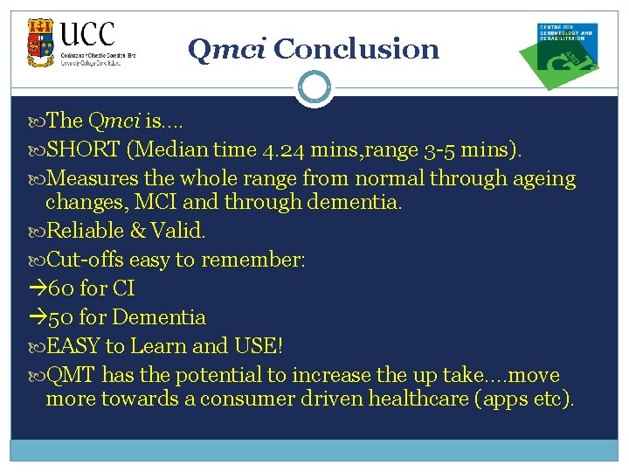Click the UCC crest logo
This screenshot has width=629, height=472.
click(39, 43)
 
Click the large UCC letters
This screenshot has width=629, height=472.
click(87, 36)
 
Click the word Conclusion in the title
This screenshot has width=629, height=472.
click(356, 49)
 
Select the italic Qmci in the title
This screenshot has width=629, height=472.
click(227, 50)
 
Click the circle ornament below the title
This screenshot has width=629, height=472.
click(314, 87)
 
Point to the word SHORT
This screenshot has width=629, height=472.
click(83, 149)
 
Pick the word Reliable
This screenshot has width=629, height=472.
click(84, 232)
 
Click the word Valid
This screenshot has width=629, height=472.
click(183, 232)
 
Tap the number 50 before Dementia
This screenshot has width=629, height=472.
click(61, 317)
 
